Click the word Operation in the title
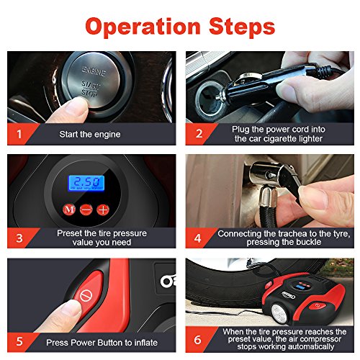(143, 27)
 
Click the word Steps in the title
(242, 27)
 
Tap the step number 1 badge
(19, 134)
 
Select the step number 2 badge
(199, 134)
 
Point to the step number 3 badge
(19, 238)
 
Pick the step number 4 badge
(197, 238)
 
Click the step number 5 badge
(19, 341)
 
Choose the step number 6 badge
(197, 340)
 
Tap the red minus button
(86, 210)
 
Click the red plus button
(103, 210)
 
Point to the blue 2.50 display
(86, 183)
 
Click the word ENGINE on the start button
(94, 71)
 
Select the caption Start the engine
(90, 135)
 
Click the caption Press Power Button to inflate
(102, 343)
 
